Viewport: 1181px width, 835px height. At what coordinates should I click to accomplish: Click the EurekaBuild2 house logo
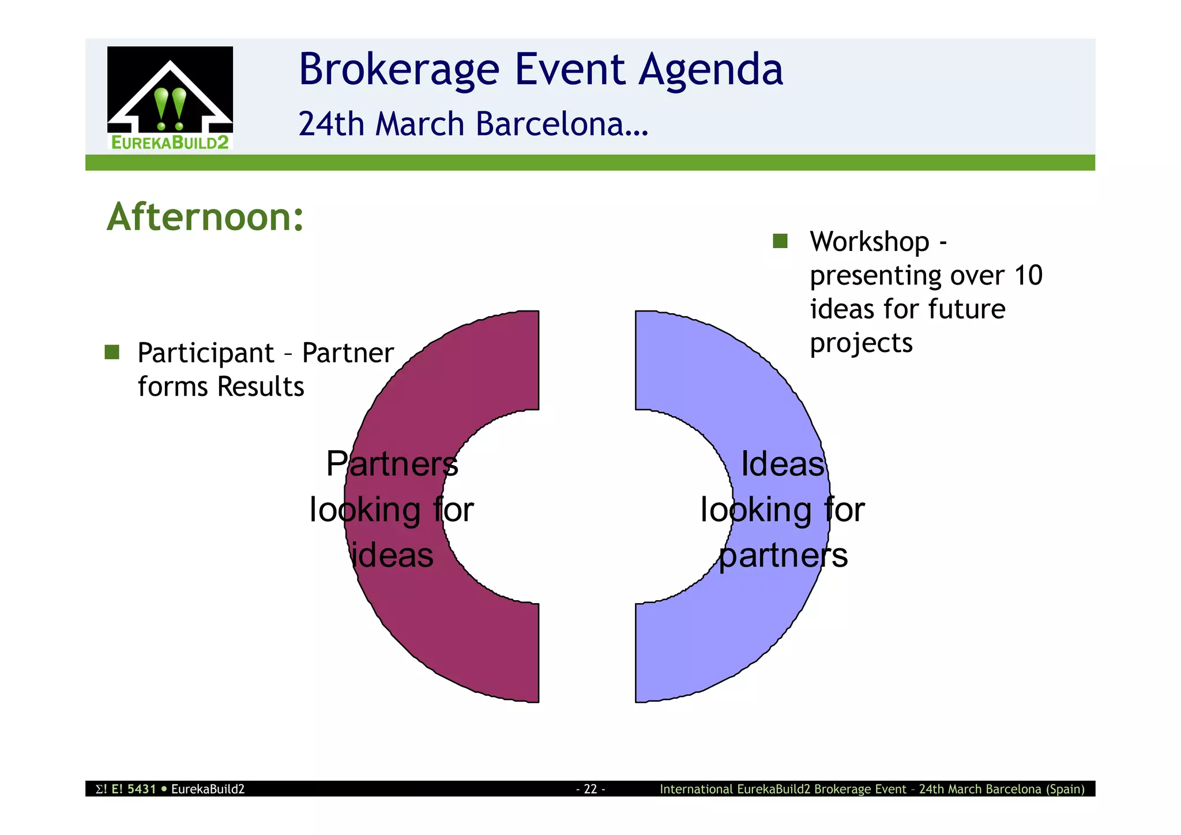click(x=170, y=98)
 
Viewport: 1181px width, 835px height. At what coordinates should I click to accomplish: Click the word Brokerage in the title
click(x=398, y=70)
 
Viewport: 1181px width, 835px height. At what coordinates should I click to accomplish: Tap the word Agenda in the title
click(x=710, y=70)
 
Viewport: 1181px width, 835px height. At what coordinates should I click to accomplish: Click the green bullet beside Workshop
click(x=780, y=241)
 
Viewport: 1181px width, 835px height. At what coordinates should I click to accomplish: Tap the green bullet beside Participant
click(x=112, y=352)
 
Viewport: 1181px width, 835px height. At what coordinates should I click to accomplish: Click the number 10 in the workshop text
click(x=1028, y=275)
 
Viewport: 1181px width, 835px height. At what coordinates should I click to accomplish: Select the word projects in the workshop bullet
click(x=861, y=344)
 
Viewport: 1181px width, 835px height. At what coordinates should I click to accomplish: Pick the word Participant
click(x=206, y=353)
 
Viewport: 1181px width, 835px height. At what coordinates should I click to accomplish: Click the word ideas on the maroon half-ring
click(x=393, y=555)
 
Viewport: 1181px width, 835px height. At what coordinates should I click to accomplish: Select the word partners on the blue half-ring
click(x=783, y=555)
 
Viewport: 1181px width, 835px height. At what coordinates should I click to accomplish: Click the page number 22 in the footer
click(x=590, y=789)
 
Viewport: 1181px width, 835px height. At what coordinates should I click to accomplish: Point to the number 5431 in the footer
click(x=142, y=789)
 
